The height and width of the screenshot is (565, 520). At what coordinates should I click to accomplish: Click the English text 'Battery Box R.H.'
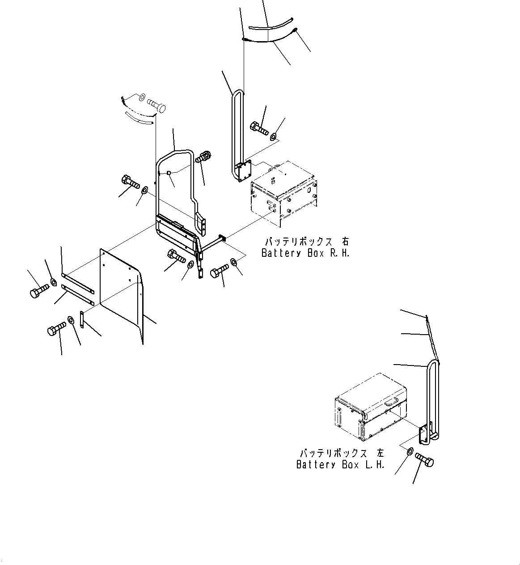pos(305,253)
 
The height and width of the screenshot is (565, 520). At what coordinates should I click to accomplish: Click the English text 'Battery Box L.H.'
pos(340,465)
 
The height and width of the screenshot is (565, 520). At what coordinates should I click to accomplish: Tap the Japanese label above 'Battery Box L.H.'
pos(342,453)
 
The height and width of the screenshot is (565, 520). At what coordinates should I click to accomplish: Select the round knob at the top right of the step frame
pos(204,157)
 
